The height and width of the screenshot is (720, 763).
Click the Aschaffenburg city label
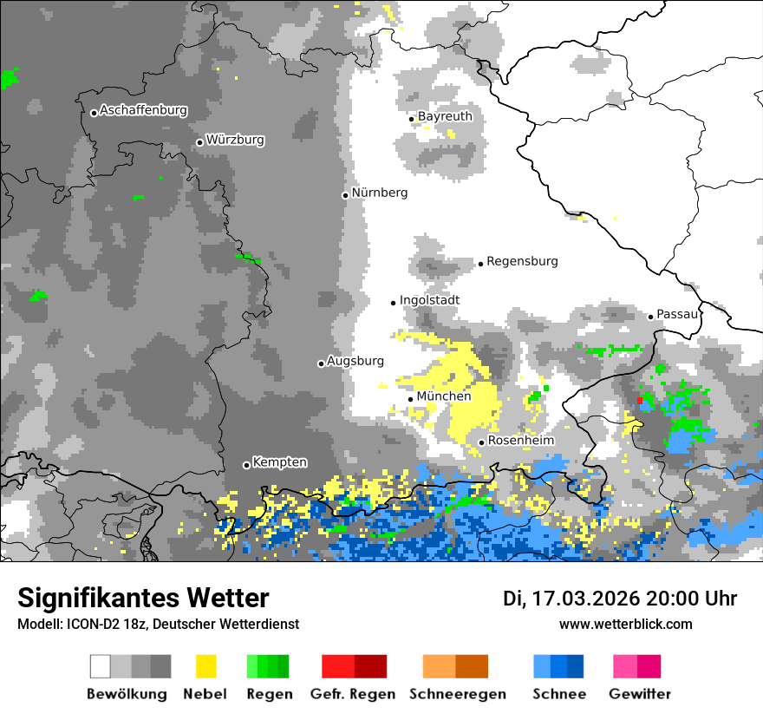(x=143, y=111)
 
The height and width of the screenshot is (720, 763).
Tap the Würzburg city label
(x=235, y=140)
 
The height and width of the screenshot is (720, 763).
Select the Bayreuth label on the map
(x=445, y=116)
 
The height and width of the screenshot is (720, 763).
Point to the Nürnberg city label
(x=379, y=193)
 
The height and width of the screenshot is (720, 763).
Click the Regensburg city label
(x=522, y=261)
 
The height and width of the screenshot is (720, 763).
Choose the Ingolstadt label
(x=429, y=300)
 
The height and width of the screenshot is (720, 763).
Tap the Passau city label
(x=677, y=314)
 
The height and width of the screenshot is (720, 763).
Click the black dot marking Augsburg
(x=321, y=363)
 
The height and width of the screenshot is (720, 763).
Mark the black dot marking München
(x=411, y=399)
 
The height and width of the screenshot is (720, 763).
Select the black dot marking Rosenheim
(x=482, y=442)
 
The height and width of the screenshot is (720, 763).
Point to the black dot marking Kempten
(x=246, y=465)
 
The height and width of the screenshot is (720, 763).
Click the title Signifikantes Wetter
(x=143, y=598)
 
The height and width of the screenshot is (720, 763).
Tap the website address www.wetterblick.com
(x=625, y=624)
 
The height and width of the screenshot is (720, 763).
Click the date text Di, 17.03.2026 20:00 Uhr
(x=620, y=599)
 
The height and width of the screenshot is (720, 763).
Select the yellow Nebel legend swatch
(x=205, y=666)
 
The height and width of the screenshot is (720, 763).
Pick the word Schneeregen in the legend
(x=457, y=694)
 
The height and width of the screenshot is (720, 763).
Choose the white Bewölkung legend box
(x=101, y=666)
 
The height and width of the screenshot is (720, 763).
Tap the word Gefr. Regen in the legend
(x=353, y=694)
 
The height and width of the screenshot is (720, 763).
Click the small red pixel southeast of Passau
(x=640, y=400)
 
